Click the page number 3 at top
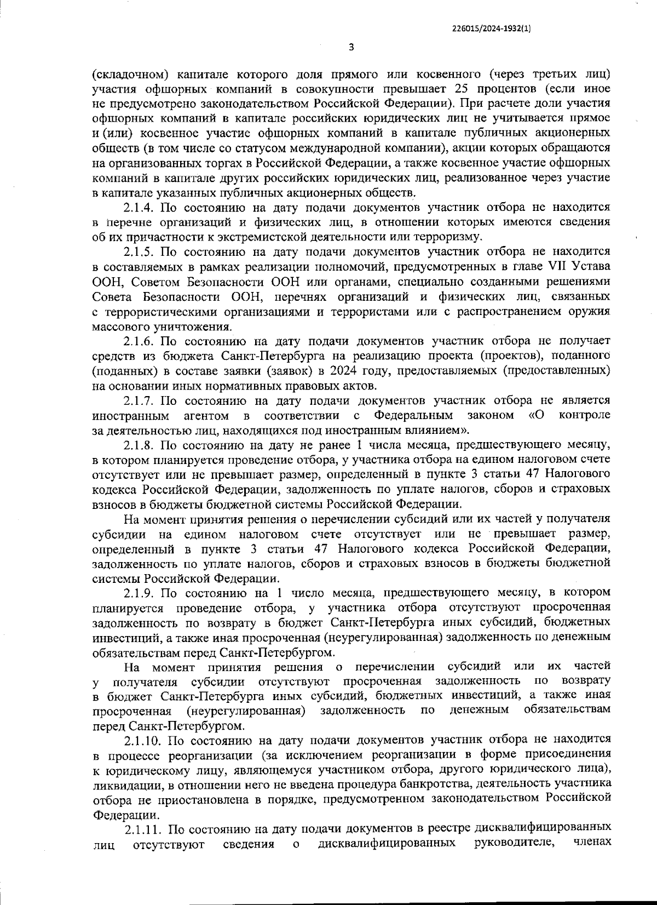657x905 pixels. coord(351,47)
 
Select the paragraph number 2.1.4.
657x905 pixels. coord(141,208)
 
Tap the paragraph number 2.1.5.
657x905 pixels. coord(141,253)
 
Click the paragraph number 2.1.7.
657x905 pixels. coord(141,401)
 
